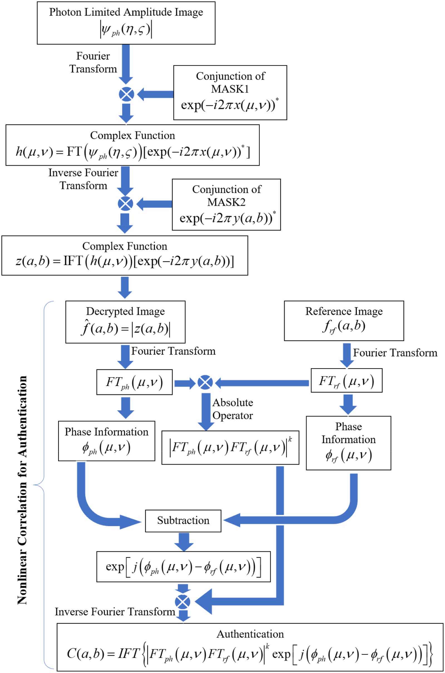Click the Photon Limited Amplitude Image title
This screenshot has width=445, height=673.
pos(126,12)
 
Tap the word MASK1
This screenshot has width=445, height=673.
pos(230,89)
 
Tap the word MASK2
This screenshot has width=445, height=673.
pos(226,202)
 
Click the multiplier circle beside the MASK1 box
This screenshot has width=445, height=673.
pos(126,94)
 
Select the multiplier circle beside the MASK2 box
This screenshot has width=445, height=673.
pos(125,204)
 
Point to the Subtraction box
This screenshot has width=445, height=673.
pos(183,521)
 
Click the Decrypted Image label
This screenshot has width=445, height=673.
pos(125,311)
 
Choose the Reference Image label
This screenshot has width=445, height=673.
pos(344,311)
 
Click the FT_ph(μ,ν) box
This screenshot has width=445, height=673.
pos(134,382)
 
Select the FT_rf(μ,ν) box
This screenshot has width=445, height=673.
pos(346,381)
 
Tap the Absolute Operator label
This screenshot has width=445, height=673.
pos(233,409)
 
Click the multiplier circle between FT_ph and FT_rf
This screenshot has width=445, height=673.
pos(205,382)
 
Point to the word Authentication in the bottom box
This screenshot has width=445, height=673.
pos(250,634)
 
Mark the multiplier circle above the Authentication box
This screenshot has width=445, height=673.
pos(182,602)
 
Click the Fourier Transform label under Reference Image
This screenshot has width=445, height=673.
pos(395,353)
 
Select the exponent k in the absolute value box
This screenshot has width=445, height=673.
pos(290,439)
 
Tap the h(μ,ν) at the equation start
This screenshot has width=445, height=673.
pos(34,152)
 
